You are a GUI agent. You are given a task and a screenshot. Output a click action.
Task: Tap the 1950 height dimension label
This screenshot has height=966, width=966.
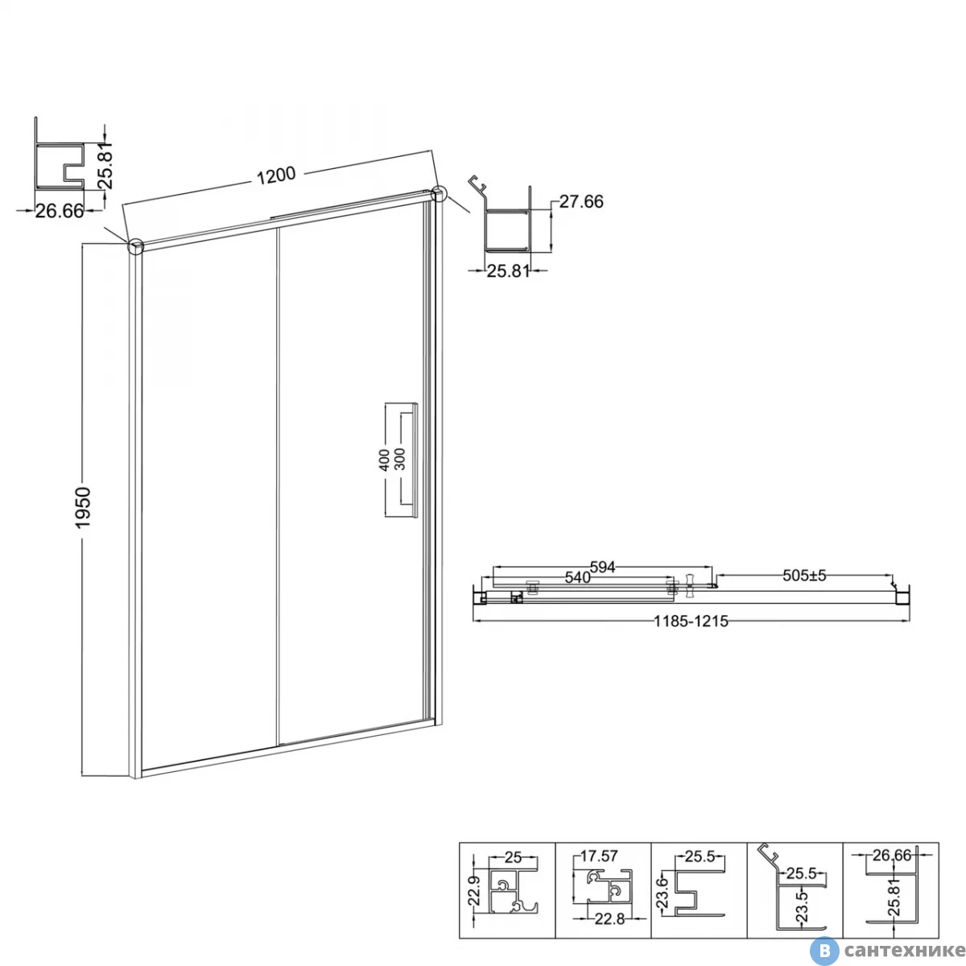point(83,507)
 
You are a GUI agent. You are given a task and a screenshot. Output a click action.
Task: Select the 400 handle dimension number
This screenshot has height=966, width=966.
point(383,460)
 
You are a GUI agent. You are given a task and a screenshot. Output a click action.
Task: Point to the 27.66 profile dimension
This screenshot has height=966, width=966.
point(581,201)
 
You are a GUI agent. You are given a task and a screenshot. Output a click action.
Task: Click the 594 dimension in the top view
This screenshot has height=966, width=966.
point(602,567)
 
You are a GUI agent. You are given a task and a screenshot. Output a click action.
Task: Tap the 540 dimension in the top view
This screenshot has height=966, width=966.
point(577,577)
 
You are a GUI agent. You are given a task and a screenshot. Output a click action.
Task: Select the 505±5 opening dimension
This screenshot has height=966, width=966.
point(804,576)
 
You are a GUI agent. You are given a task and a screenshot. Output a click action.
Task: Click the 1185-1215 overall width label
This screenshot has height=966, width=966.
point(691,621)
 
